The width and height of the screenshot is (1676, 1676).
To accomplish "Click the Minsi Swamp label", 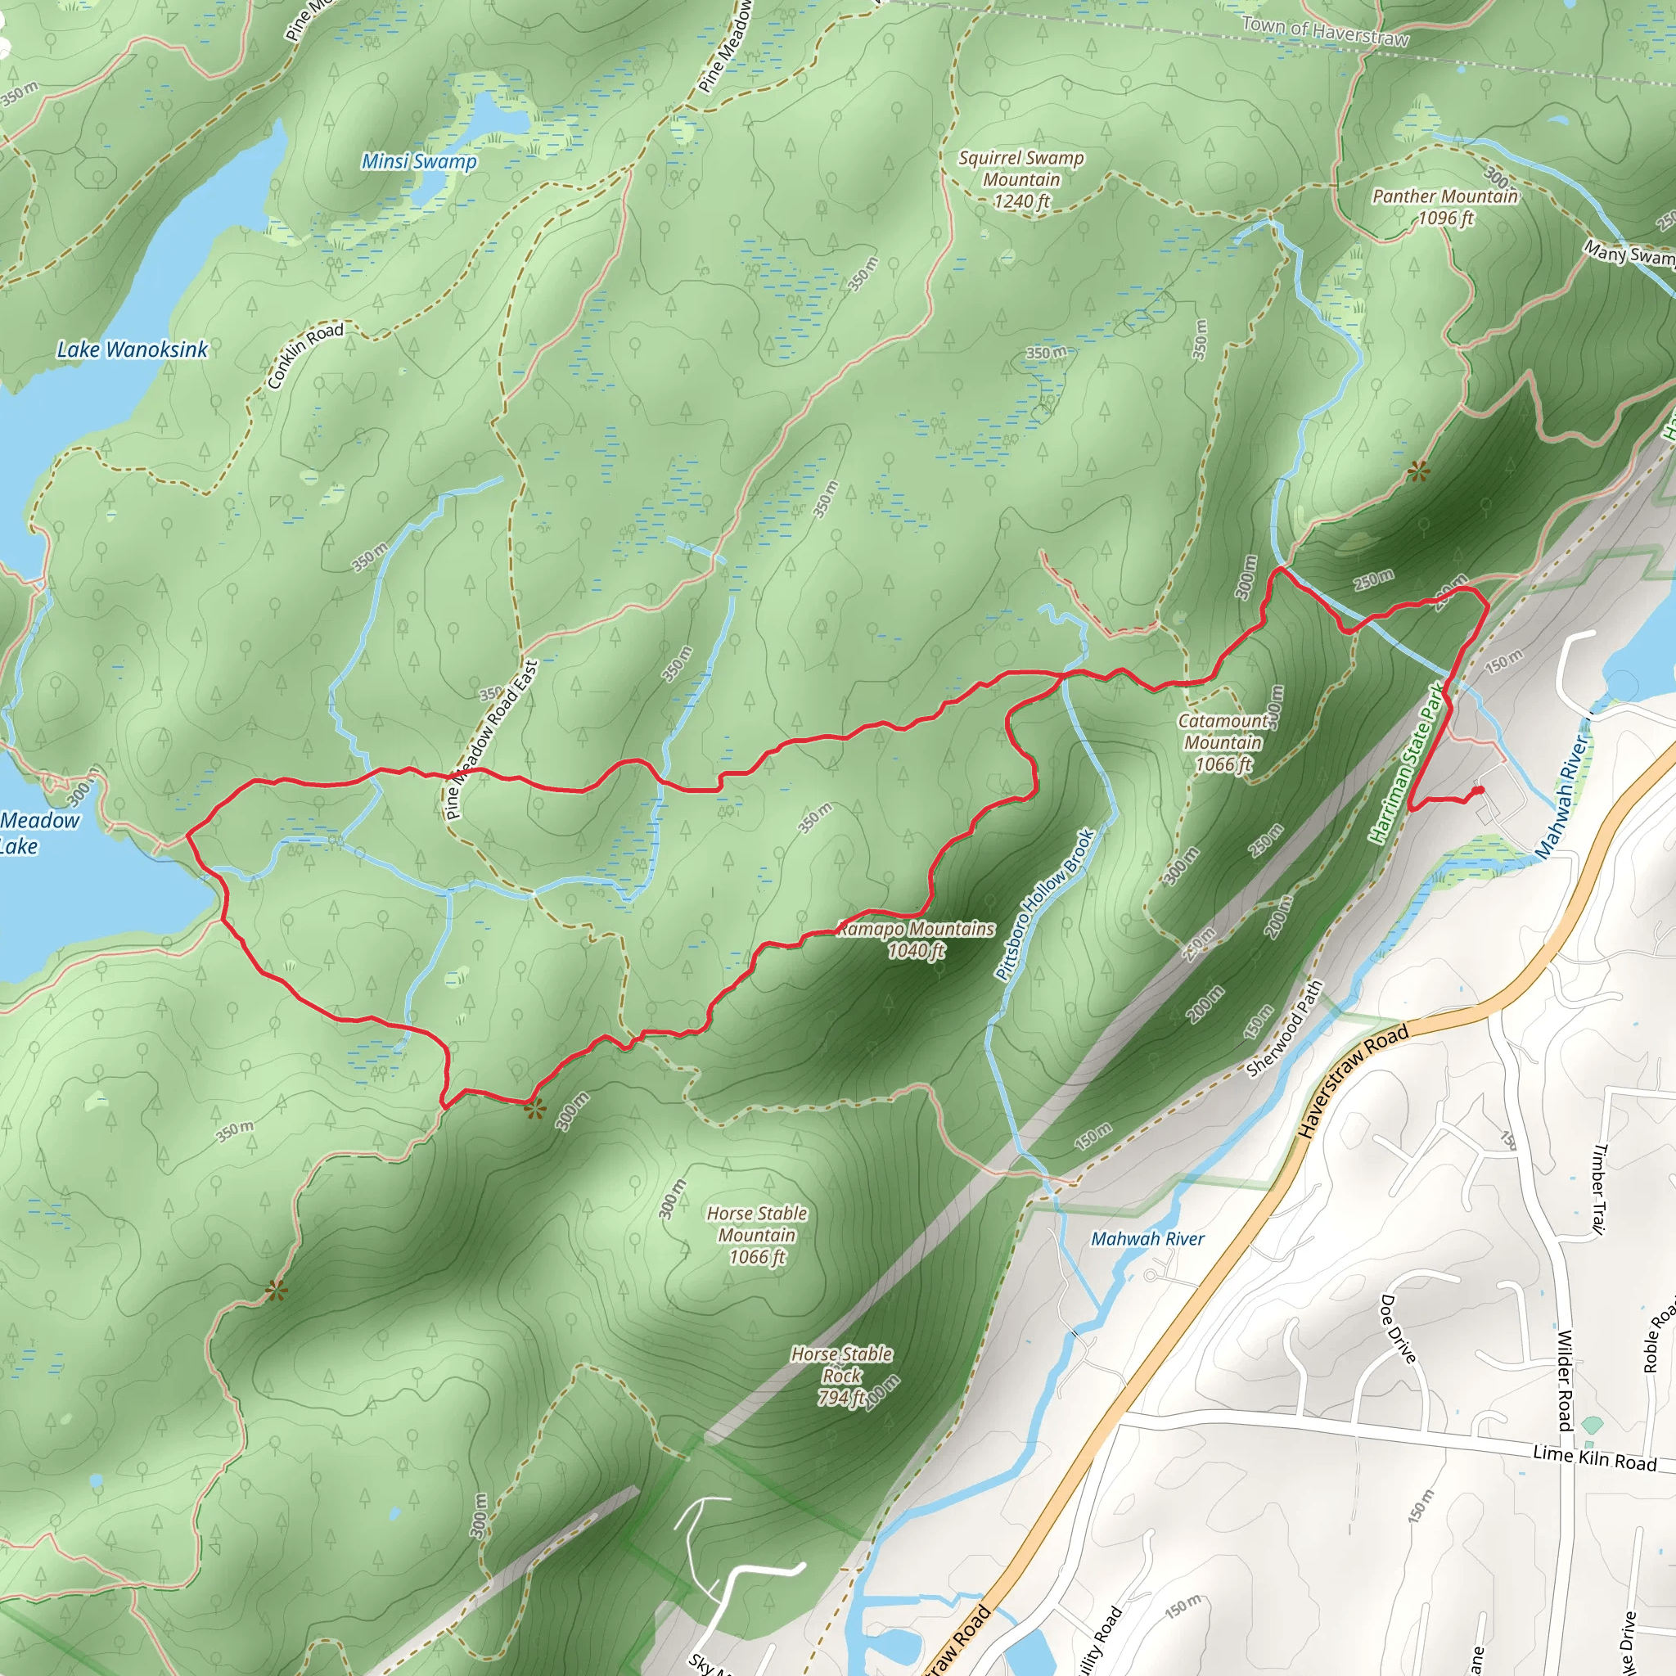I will [x=419, y=161].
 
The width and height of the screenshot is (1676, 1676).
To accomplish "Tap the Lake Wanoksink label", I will [x=132, y=349].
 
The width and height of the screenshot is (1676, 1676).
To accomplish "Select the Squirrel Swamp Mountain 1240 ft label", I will [x=1021, y=179].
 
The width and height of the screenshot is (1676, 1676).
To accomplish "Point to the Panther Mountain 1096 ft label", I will [x=1444, y=206].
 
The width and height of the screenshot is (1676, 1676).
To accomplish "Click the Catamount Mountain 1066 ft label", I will [x=1223, y=742].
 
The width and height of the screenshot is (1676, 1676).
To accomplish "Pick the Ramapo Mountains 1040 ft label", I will [x=916, y=939].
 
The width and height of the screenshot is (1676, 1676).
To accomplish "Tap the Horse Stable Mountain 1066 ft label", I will [x=756, y=1234].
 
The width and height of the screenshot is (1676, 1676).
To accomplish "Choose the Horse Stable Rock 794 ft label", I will [x=841, y=1375].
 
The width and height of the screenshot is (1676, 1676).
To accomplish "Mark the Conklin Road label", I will [x=305, y=356].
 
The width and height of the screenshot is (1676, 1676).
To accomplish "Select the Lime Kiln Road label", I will [x=1594, y=1459].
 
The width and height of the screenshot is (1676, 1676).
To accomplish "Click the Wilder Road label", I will [x=1565, y=1379].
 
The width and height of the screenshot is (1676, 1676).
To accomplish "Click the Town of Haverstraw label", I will [x=1326, y=32].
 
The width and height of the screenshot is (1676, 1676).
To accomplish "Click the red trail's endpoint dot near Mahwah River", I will [x=1478, y=791].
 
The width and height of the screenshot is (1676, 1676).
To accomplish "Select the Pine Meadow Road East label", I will [x=491, y=740].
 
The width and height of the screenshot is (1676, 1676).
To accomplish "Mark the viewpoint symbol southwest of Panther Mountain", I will [x=1417, y=472].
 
